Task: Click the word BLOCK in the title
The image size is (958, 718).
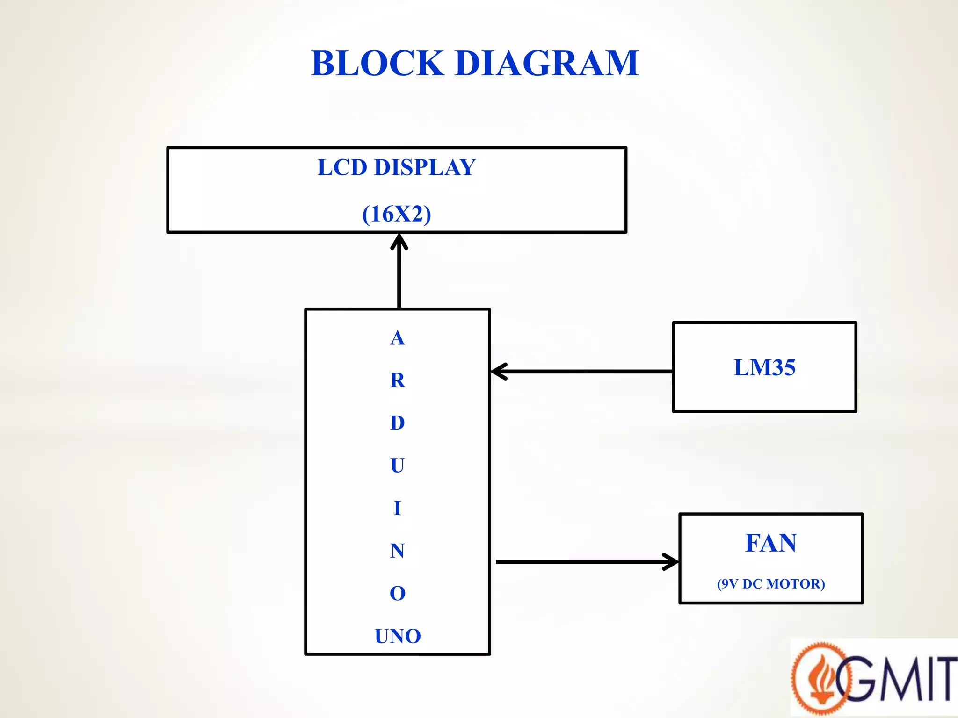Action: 377,64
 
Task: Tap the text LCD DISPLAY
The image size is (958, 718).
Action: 397,167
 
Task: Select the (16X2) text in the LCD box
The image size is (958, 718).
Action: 397,214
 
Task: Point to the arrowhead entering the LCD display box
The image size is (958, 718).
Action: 399,241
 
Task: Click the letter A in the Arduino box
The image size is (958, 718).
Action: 397,337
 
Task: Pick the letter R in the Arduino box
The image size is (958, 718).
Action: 397,380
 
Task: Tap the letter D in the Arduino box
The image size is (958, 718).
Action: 397,423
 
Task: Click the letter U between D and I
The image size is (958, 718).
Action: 397,466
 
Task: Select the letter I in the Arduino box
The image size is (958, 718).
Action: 397,508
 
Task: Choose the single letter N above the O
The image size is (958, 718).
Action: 397,551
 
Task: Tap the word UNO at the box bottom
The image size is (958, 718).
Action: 398,636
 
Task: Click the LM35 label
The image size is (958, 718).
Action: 764,367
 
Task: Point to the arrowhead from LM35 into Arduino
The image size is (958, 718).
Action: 499,372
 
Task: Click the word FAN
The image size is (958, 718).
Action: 770,543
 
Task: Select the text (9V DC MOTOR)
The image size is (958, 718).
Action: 770,584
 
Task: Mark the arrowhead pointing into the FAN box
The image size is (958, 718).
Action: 672,562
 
